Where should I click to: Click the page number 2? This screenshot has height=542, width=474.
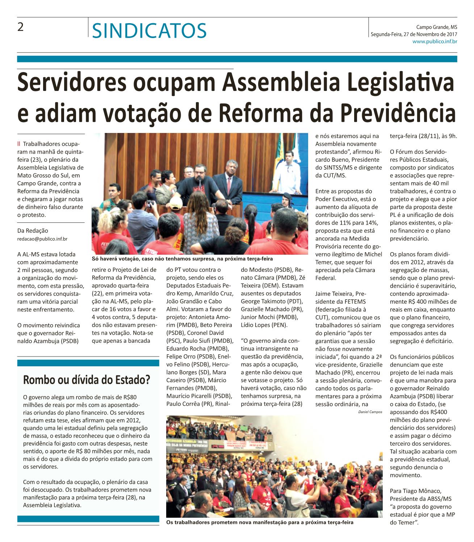click(21, 28)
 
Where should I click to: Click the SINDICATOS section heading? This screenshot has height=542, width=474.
click(149, 30)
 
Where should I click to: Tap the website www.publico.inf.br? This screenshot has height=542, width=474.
click(435, 42)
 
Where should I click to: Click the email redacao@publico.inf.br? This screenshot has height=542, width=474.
click(42, 239)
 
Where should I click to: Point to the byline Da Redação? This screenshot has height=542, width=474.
click(33, 231)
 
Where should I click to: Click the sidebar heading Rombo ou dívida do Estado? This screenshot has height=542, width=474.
click(87, 380)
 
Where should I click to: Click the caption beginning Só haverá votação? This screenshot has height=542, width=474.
click(182, 259)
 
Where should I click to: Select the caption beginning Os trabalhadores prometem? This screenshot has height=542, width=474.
click(259, 522)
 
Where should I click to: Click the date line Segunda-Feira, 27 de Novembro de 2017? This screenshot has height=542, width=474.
click(414, 34)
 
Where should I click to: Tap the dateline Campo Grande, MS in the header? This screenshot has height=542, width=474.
click(436, 27)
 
